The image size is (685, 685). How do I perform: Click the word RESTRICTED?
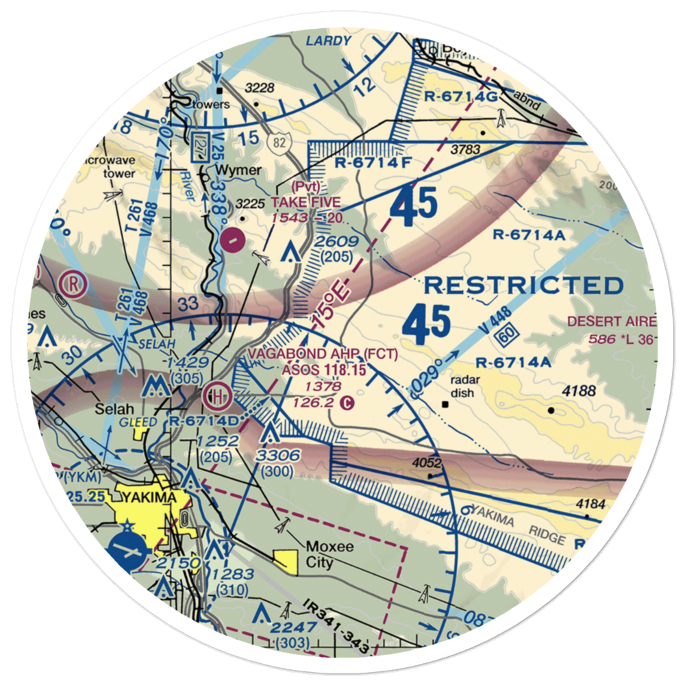pos(523,285)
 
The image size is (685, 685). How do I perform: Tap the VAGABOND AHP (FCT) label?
pos(322,353)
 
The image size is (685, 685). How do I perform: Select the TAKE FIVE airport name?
pos(306,202)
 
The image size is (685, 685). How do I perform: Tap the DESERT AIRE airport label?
pos(612,321)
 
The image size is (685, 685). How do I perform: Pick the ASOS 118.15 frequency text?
pos(322,370)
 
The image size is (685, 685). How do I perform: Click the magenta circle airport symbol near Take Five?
pos(234,240)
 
